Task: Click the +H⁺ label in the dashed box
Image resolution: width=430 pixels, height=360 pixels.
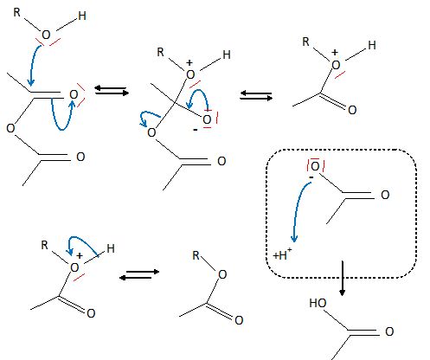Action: [282, 254]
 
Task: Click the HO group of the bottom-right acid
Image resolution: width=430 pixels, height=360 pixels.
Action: [318, 303]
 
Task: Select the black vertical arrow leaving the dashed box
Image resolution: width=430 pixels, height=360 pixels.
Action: [343, 279]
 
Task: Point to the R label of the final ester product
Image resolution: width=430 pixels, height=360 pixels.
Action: [196, 255]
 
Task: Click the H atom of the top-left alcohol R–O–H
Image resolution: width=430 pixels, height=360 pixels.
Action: [82, 16]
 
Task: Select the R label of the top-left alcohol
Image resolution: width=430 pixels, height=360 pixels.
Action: [17, 13]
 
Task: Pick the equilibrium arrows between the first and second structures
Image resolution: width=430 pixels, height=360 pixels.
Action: [112, 90]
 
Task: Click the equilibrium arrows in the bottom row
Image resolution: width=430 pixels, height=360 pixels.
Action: [139, 274]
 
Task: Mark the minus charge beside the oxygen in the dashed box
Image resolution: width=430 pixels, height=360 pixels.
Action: [311, 177]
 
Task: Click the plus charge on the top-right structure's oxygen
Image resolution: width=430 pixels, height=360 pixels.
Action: [335, 53]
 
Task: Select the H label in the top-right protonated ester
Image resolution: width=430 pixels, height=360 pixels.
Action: [372, 45]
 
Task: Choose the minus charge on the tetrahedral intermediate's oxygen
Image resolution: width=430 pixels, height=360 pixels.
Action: [196, 130]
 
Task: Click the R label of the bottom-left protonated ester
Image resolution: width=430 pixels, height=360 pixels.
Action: [44, 245]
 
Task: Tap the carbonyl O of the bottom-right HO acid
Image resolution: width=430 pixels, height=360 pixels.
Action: [389, 331]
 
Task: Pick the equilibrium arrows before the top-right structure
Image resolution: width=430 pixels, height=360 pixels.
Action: [256, 95]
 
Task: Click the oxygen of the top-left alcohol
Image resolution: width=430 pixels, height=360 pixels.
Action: [46, 35]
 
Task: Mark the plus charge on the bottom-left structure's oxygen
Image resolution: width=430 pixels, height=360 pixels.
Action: [80, 256]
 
